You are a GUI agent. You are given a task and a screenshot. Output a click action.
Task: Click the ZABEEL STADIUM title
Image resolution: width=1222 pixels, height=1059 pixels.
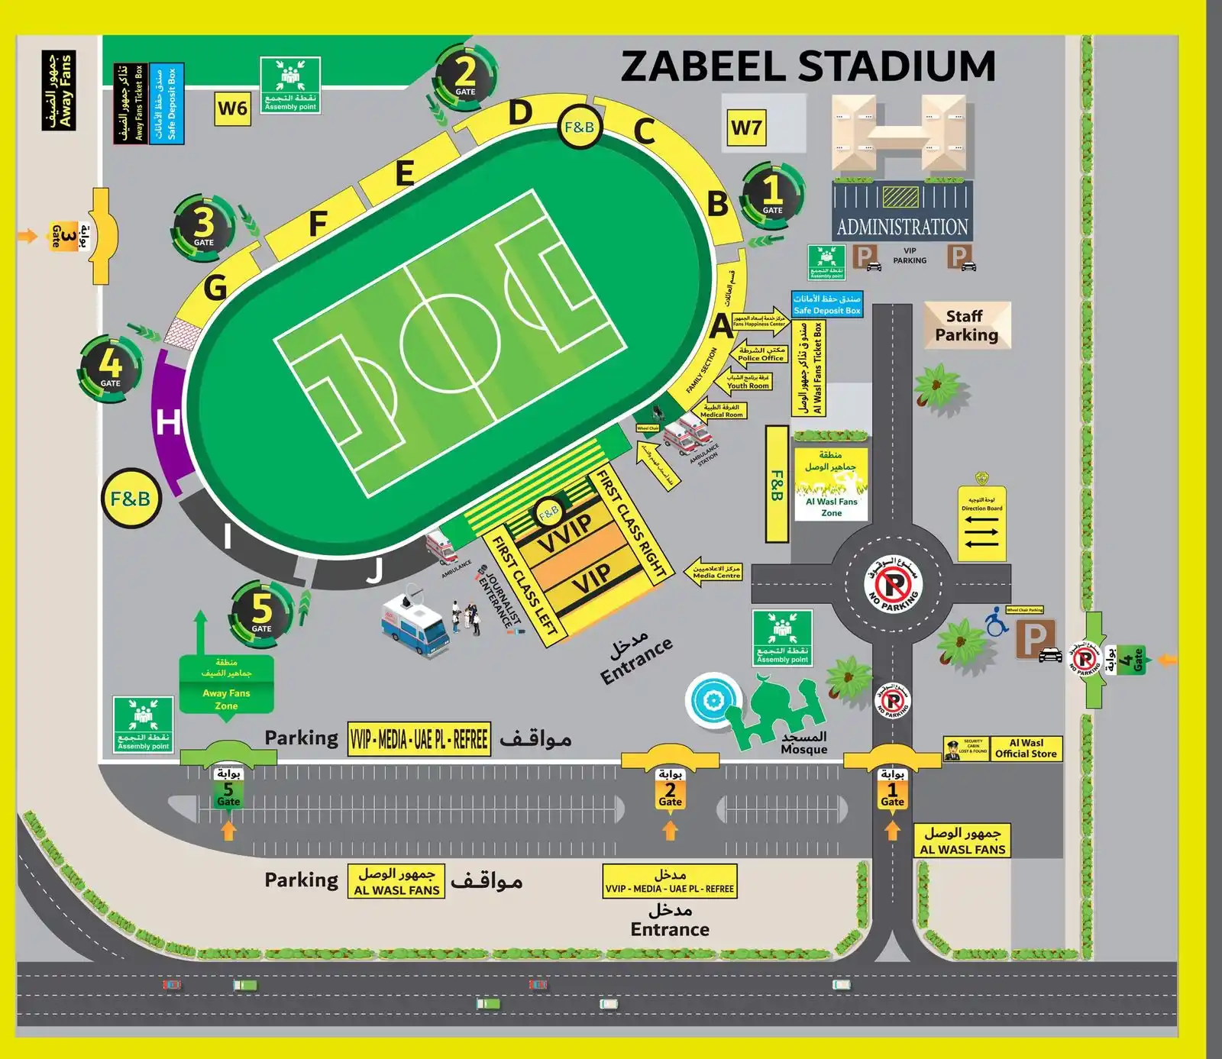pyautogui.click(x=808, y=66)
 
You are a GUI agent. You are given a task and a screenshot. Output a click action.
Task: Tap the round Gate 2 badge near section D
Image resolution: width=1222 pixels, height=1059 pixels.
pyautogui.click(x=465, y=76)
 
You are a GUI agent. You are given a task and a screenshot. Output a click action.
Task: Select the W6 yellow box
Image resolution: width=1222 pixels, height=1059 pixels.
pyautogui.click(x=232, y=108)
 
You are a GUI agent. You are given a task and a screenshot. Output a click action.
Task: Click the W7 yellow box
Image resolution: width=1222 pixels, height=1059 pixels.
pyautogui.click(x=746, y=128)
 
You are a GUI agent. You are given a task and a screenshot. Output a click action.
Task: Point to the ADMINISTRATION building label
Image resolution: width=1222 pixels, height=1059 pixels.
pyautogui.click(x=902, y=227)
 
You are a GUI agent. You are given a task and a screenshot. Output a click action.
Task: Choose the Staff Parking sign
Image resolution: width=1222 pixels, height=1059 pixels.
pyautogui.click(x=967, y=326)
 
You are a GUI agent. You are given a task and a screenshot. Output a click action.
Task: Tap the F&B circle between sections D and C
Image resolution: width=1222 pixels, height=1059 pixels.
pyautogui.click(x=579, y=128)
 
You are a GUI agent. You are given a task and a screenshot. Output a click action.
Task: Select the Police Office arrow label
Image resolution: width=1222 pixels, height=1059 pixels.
pyautogui.click(x=759, y=354)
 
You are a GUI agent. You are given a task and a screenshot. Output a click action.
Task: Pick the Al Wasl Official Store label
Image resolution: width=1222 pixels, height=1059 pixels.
pyautogui.click(x=1026, y=748)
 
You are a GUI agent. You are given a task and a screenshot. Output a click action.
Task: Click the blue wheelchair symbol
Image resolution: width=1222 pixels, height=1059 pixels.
pyautogui.click(x=995, y=622)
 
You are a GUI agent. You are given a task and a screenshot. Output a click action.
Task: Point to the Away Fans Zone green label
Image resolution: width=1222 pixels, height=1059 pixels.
pyautogui.click(x=226, y=685)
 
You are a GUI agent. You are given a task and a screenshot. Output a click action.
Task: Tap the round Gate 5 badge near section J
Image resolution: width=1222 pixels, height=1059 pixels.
pyautogui.click(x=261, y=611)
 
